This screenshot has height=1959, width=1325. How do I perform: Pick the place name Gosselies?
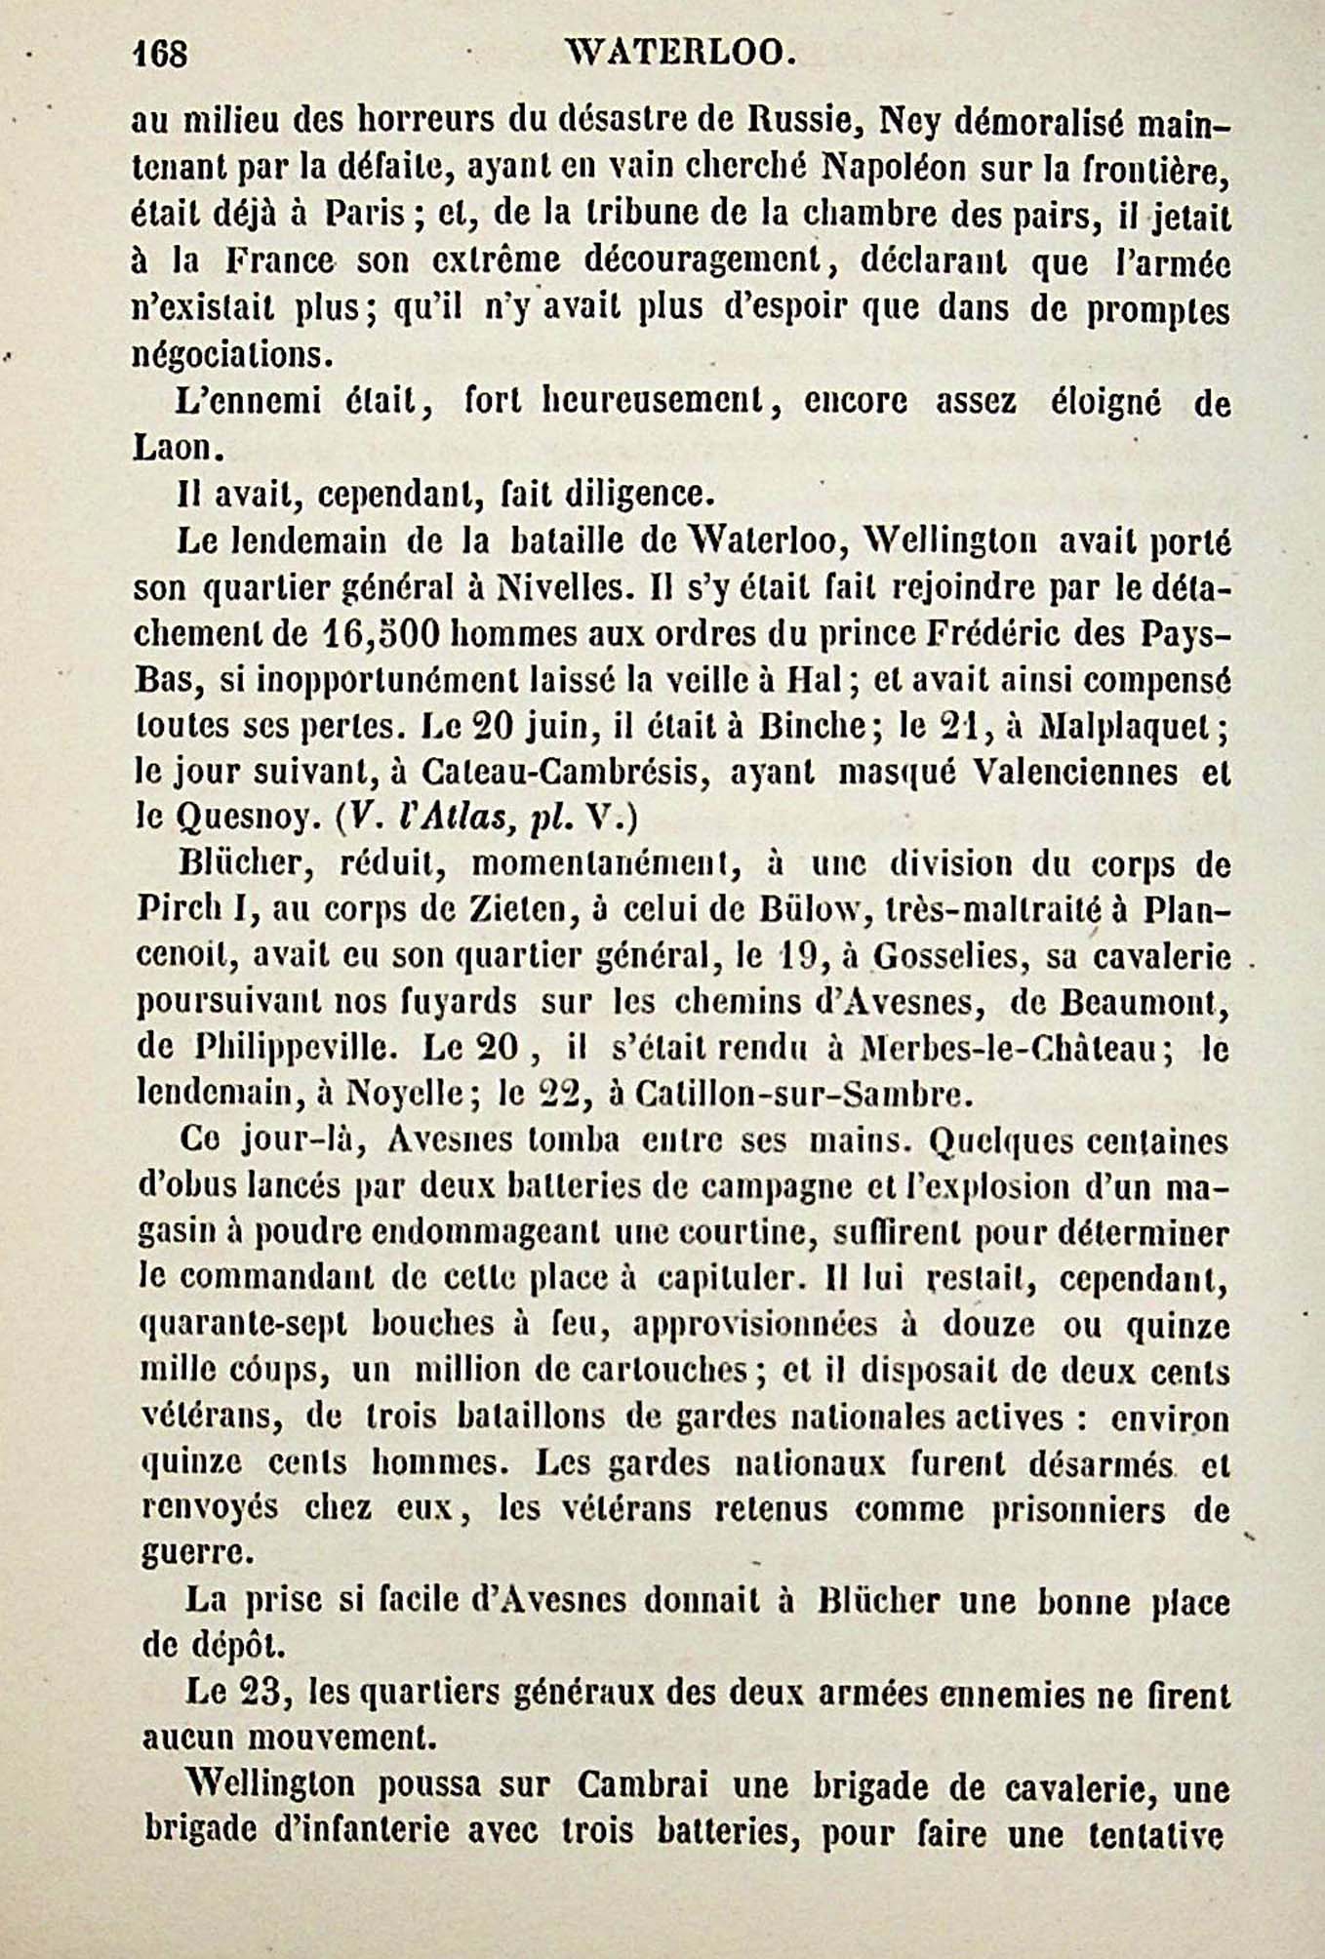[x=946, y=957]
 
